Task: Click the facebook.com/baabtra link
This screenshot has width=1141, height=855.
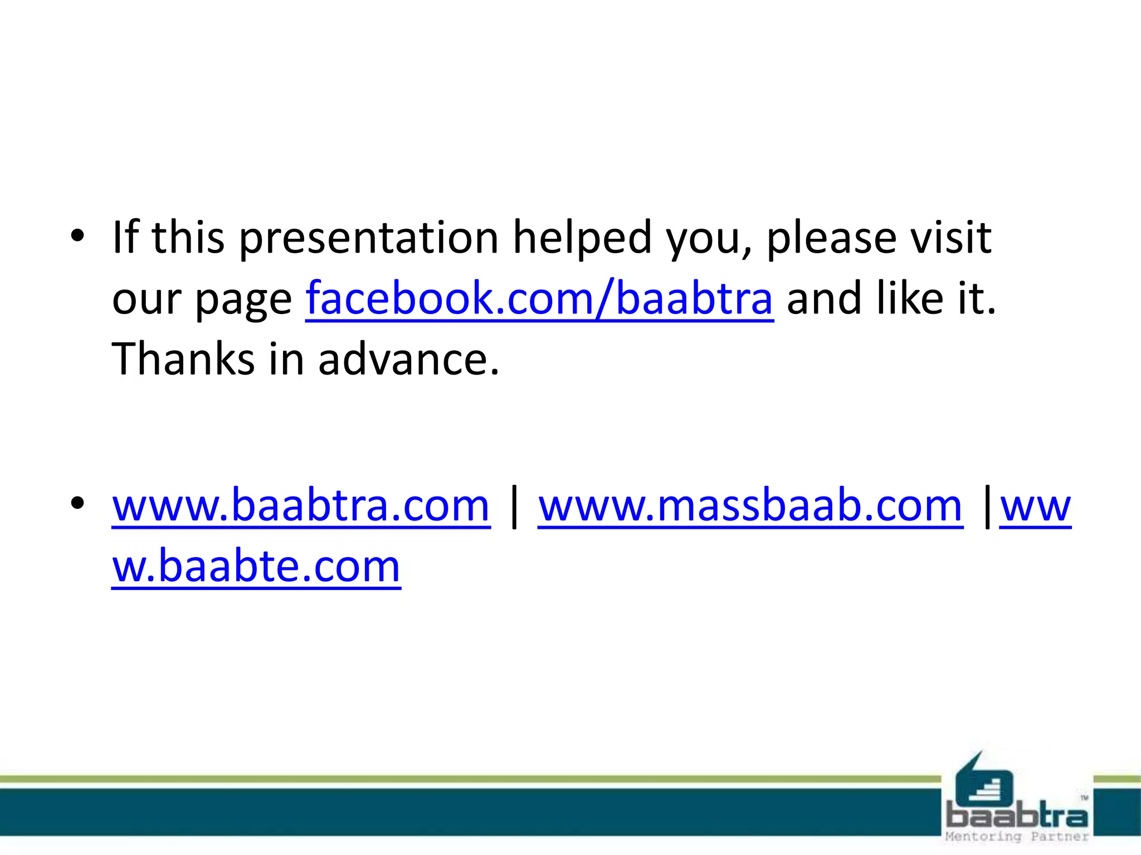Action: [539, 298]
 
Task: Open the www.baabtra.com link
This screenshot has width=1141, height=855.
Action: [301, 505]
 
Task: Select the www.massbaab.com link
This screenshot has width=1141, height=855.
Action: [750, 505]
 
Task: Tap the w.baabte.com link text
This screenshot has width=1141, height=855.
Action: [256, 566]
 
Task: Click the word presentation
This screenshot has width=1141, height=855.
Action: [369, 238]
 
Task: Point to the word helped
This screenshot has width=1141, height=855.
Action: [582, 238]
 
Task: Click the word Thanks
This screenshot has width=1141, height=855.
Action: [183, 358]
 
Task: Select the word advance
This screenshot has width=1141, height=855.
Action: [408, 358]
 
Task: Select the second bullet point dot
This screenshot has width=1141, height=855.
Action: [77, 503]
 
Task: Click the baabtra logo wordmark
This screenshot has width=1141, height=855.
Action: [1017, 815]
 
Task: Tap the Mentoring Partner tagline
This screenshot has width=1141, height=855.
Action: [1017, 837]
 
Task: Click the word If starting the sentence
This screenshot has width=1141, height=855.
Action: [125, 237]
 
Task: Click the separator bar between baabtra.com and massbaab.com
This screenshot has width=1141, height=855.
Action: [514, 505]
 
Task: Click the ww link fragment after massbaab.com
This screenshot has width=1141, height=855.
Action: [1035, 505]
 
